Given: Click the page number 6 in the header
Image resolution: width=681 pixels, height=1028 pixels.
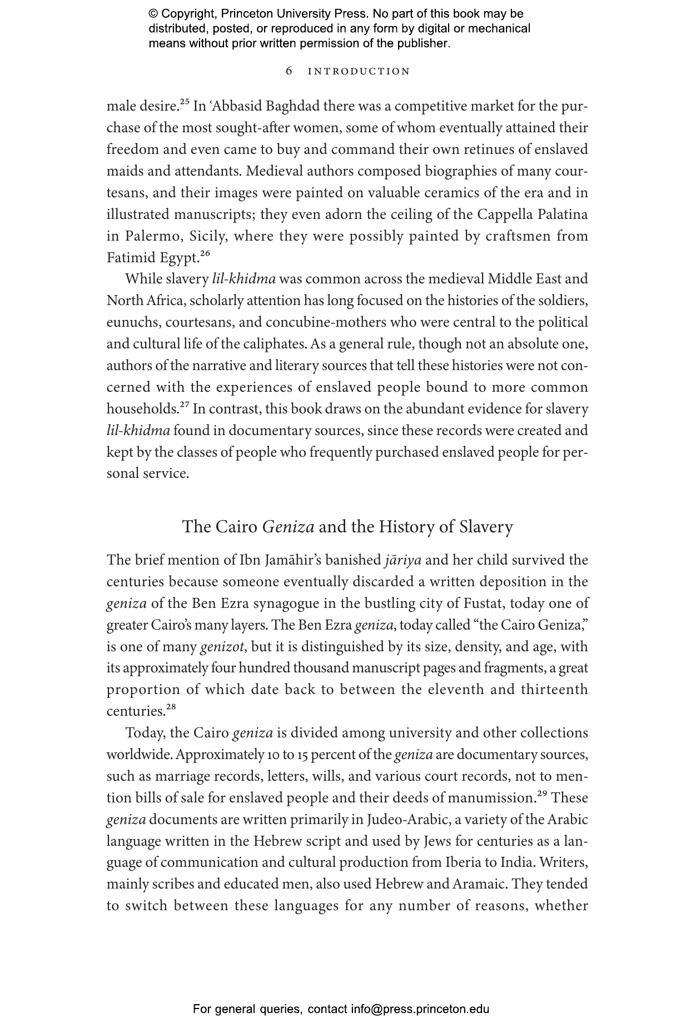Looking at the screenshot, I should (x=289, y=71).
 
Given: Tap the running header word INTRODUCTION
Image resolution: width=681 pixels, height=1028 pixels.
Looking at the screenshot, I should (x=359, y=71).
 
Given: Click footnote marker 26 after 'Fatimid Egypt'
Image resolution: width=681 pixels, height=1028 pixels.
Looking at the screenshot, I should (x=205, y=254).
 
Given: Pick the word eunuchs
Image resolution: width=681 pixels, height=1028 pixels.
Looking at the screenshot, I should (x=132, y=322).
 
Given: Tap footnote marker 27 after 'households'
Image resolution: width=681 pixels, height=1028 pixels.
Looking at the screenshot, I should (x=184, y=405).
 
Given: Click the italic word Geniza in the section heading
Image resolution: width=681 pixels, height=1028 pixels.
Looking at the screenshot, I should (x=288, y=527).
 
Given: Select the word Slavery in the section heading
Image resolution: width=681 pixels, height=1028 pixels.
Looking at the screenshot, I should (x=486, y=527).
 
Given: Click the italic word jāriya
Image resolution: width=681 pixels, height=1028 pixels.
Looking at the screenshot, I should (x=402, y=560).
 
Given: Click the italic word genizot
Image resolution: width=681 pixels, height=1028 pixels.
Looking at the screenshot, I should (x=221, y=647).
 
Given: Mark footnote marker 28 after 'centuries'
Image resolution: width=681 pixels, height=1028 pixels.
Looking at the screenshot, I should (x=171, y=707).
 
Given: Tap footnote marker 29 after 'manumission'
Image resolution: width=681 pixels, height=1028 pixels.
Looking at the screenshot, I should (x=543, y=794).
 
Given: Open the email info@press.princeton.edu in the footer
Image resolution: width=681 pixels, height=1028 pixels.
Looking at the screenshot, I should (x=420, y=1009).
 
